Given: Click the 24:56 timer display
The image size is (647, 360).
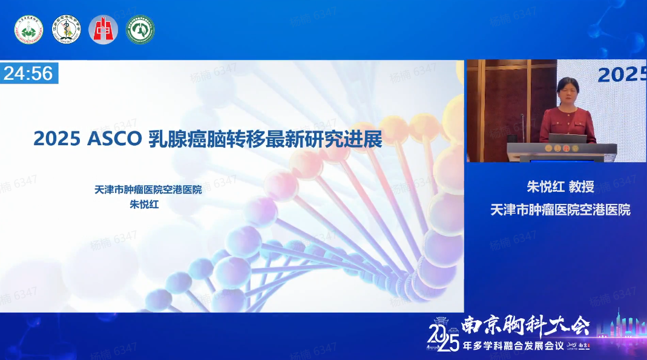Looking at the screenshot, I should (28, 74).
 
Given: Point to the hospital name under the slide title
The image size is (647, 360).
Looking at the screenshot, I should (148, 189).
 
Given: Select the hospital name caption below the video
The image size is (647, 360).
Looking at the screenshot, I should (560, 210).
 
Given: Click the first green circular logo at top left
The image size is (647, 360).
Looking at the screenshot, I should (28, 30).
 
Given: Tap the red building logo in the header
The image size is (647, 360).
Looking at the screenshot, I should (103, 30).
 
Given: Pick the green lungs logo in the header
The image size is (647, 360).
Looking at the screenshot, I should (140, 30).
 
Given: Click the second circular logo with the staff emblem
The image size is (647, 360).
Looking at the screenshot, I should (66, 30).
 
